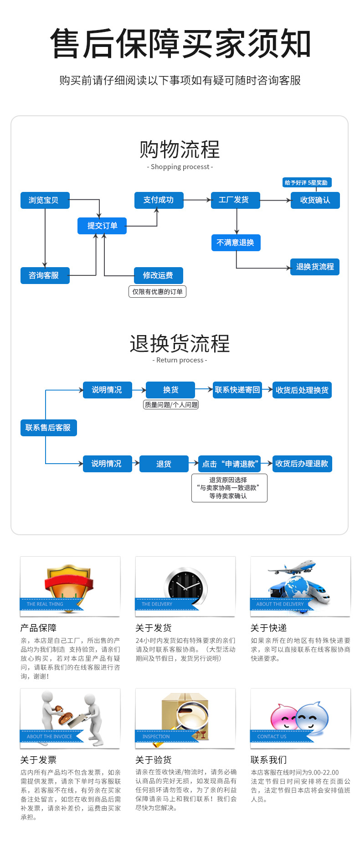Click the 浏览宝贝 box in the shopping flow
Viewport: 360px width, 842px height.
[45, 200]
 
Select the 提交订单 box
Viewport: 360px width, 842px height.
[102, 226]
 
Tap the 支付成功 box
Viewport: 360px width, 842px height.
[159, 200]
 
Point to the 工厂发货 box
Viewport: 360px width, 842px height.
[235, 200]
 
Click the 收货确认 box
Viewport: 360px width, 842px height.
[315, 200]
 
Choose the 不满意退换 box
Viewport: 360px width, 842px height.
[236, 243]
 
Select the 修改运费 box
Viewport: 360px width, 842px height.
[158, 275]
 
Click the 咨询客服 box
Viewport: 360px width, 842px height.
[45, 275]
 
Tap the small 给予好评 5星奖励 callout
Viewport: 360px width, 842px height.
[306, 183]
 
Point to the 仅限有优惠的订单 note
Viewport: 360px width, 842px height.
[157, 292]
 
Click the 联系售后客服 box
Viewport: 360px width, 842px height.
[48, 428]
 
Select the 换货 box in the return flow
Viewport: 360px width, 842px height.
[170, 390]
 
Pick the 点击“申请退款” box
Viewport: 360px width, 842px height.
[230, 464]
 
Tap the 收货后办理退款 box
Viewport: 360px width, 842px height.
[302, 464]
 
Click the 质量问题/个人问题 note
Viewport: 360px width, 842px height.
[171, 405]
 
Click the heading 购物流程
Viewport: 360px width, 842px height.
[180, 150]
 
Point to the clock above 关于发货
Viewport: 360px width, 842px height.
[185, 586]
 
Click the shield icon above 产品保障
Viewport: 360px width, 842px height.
[69, 582]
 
